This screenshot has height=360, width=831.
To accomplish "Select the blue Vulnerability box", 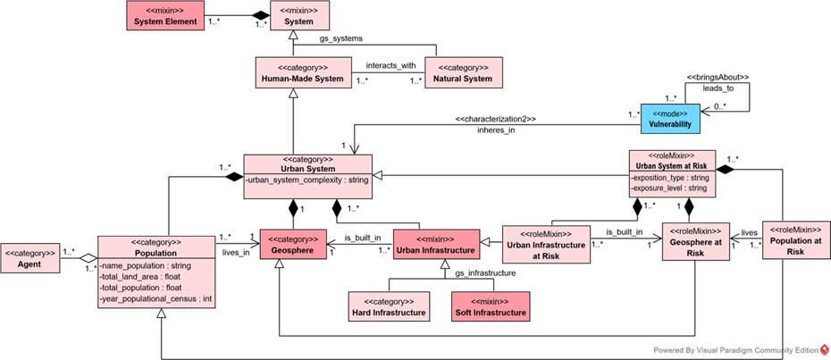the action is pos(669,117).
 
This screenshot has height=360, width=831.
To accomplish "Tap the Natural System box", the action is pos(462,73).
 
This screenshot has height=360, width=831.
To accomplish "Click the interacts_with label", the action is pos(391,65).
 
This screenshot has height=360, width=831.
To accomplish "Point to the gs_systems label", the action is pos(340,38).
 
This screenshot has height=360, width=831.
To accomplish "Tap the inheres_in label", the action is pos(496,130).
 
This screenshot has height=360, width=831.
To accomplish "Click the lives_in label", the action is pos(237,253).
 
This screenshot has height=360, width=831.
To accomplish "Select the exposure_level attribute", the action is pos(670,188).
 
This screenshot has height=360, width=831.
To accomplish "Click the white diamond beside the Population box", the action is pos(88,259).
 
